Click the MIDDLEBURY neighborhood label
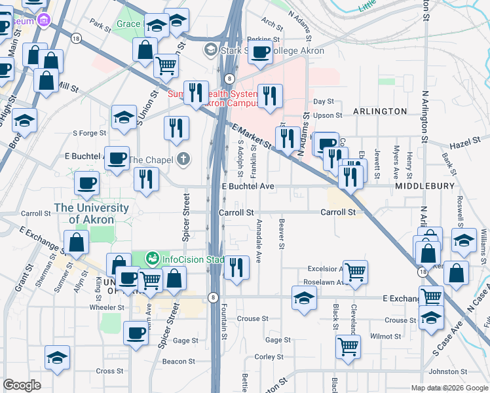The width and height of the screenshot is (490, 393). [424, 187]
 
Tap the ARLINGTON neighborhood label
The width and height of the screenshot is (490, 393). [380, 111]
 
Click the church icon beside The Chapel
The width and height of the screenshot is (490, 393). [184, 159]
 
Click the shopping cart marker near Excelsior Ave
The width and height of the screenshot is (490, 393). [355, 270]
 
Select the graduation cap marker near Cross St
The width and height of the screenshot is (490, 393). [57, 358]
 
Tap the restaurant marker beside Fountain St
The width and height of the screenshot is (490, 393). [236, 267]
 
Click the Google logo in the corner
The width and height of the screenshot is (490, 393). [22, 385]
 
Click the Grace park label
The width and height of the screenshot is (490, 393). [128, 24]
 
